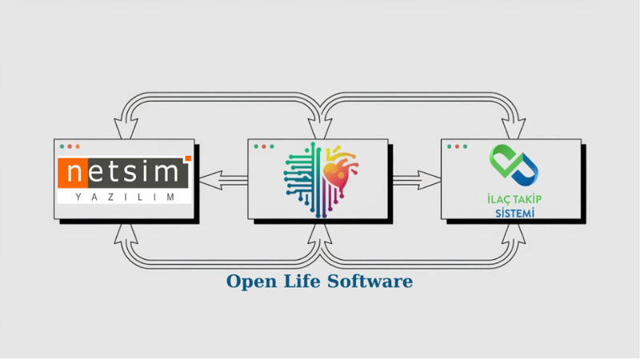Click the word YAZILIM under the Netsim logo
click(124, 196)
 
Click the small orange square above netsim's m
click(187, 158)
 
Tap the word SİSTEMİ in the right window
click(512, 213)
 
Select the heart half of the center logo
click(340, 171)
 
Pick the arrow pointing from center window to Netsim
click(221, 181)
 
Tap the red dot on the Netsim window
click(62, 147)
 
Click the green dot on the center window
click(271, 147)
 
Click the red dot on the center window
click(255, 147)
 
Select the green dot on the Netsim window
click(78, 147)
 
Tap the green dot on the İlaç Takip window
click(466, 147)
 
